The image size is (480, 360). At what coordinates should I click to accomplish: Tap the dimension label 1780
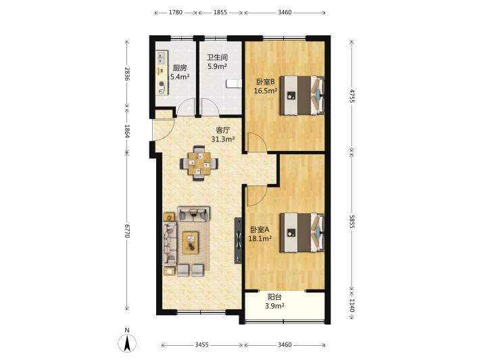(x=175, y=13)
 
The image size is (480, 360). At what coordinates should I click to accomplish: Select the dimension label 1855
(x=220, y=13)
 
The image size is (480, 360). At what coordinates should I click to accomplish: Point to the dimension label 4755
(x=352, y=96)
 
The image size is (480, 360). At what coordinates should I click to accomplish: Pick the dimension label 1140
(x=352, y=306)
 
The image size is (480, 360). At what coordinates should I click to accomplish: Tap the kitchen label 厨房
(x=180, y=68)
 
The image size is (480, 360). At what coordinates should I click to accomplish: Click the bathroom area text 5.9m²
(x=217, y=66)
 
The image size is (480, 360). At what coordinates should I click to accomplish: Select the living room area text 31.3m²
(x=223, y=139)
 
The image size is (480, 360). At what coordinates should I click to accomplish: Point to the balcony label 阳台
(x=274, y=297)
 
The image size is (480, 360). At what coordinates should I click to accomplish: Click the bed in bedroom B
(x=302, y=95)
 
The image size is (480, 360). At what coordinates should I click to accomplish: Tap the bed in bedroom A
(x=302, y=233)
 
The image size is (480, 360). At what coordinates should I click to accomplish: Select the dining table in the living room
(x=199, y=163)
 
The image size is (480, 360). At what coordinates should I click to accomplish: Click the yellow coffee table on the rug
(x=191, y=243)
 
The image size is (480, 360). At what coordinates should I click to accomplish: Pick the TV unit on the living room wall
(x=238, y=240)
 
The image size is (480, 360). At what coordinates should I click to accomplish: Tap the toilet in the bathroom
(x=233, y=84)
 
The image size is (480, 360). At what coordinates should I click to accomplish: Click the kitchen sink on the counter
(x=161, y=58)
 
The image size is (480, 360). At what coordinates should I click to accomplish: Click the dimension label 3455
(x=201, y=345)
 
